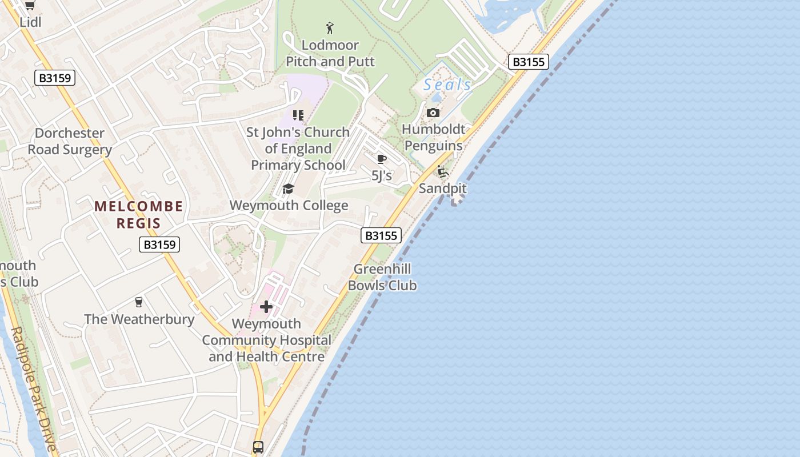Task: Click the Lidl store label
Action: point(30,22)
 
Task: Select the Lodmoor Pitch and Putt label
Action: point(330,53)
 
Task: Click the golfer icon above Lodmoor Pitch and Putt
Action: point(330,27)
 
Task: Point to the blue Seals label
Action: point(447,85)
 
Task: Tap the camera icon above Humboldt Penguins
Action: point(433,113)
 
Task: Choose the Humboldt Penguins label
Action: point(434,137)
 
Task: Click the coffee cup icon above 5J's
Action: point(382,159)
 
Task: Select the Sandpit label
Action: point(443,188)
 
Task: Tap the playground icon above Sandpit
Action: point(443,171)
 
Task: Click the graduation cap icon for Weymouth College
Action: point(288,189)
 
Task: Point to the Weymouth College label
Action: point(289,206)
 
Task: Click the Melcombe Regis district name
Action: point(139,215)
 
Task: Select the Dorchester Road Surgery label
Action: point(70,142)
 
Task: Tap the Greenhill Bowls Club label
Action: point(382,277)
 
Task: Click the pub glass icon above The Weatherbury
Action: point(138,302)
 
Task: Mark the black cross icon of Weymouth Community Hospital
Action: point(266,307)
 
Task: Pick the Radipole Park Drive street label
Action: point(34,388)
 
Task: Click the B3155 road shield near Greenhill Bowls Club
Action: point(381,235)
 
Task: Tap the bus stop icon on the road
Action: point(258,447)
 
